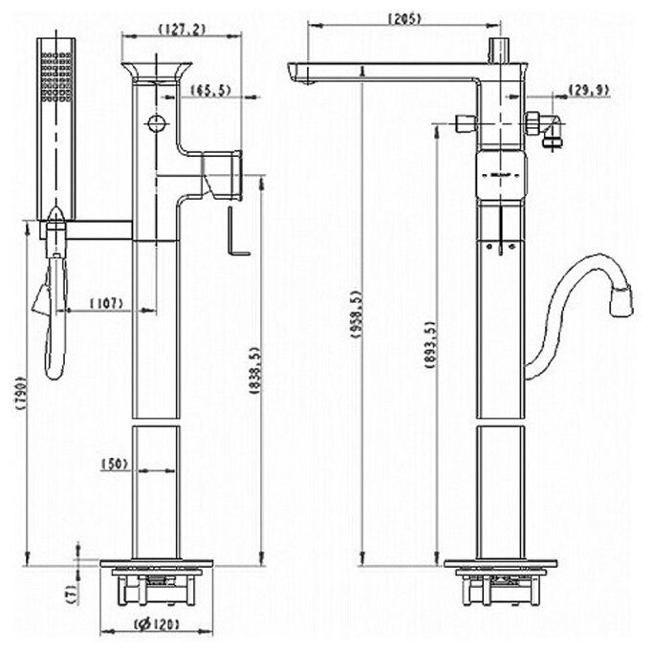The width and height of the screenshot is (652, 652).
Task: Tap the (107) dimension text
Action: tap(108, 304)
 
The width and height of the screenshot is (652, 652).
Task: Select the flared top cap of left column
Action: tap(156, 74)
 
